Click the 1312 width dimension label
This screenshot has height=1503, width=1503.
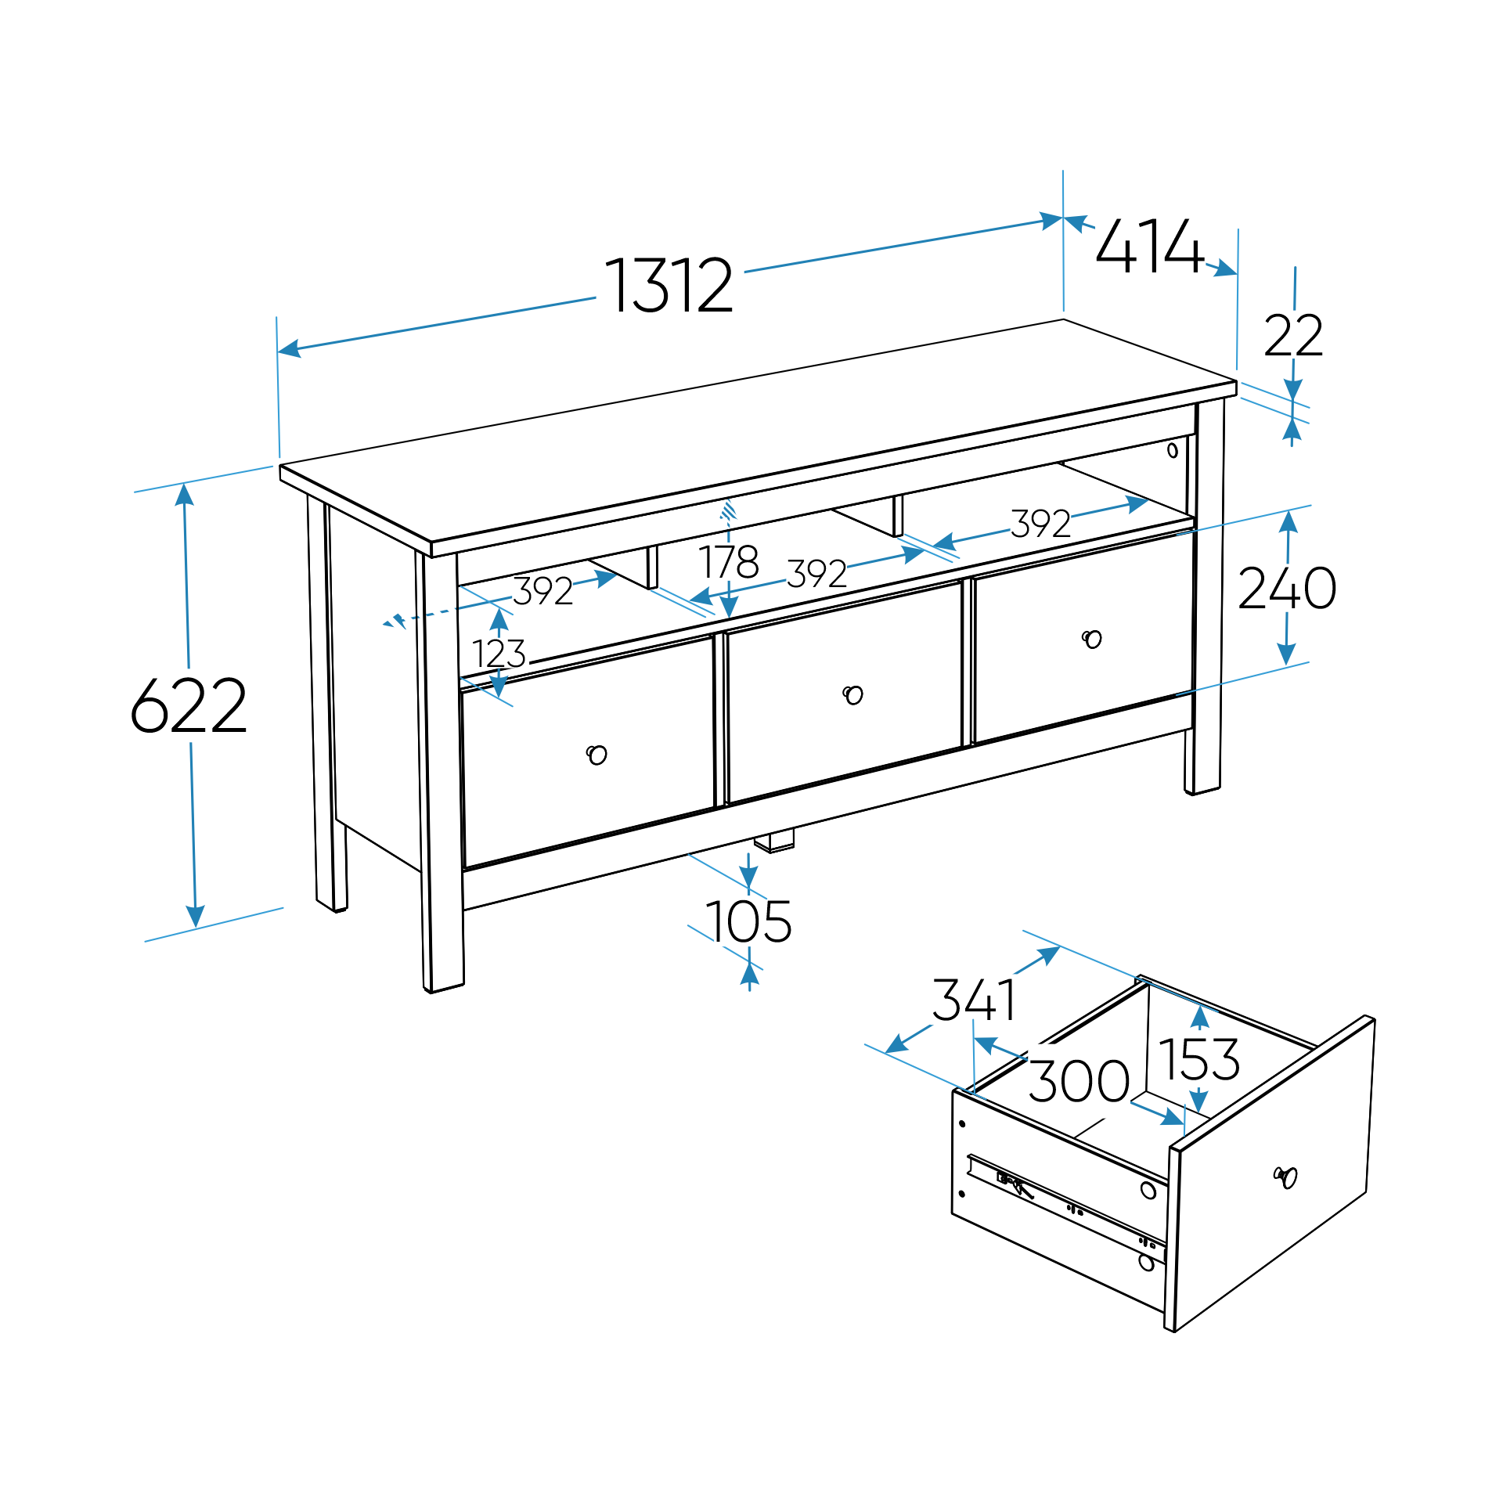(x=669, y=285)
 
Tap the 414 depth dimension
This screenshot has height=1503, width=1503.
(x=1149, y=247)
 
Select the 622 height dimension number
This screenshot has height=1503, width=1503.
(x=189, y=706)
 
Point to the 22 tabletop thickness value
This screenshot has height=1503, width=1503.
(x=1293, y=336)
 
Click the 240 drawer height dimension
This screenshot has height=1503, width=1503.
(x=1287, y=588)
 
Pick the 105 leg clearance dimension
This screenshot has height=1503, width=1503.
(x=748, y=922)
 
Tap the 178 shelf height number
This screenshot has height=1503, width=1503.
(x=728, y=562)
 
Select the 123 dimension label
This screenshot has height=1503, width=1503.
(x=499, y=654)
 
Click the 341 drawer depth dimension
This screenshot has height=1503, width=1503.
(x=975, y=1000)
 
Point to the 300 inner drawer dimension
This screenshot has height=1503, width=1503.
(x=1079, y=1082)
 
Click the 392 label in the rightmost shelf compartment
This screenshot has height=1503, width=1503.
(x=1040, y=524)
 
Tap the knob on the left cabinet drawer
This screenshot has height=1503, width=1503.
(x=597, y=755)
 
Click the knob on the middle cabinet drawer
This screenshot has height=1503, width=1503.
(x=852, y=694)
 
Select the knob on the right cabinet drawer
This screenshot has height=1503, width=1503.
(x=1092, y=639)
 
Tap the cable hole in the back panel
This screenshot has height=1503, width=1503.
(x=1172, y=450)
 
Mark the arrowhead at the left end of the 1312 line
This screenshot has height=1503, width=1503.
(x=288, y=348)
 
